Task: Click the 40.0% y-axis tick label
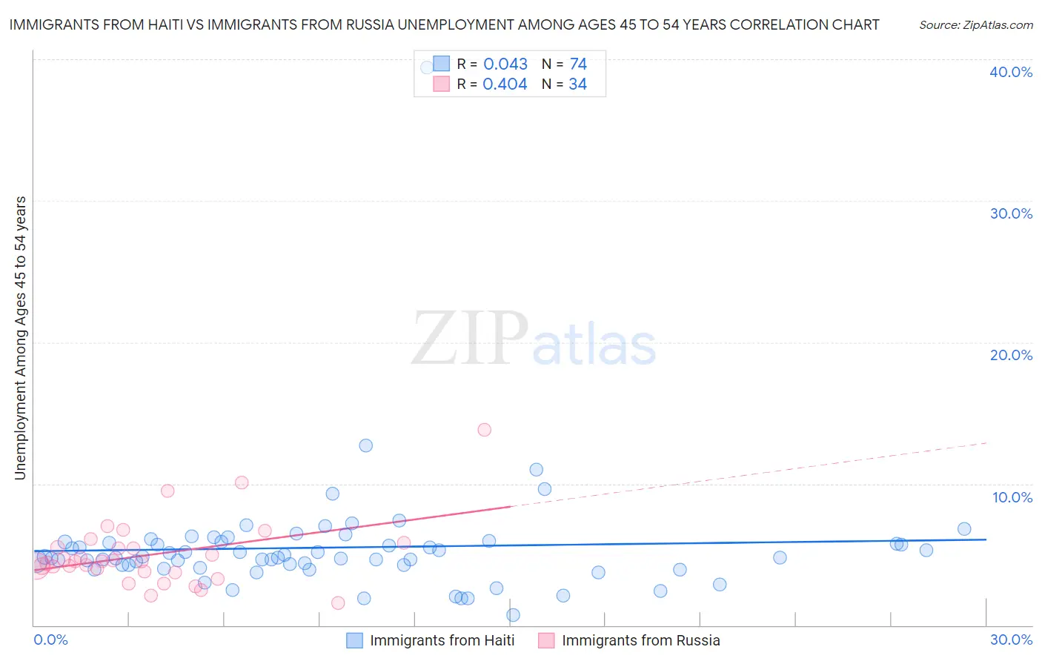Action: point(1011,72)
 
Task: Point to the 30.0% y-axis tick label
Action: point(1011,213)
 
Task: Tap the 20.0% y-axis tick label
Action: point(1011,355)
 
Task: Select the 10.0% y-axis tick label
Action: point(1012,497)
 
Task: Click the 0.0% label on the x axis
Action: point(50,640)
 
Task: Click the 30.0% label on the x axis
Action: point(1011,640)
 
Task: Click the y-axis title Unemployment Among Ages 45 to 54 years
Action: point(21,338)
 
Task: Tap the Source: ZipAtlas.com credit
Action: point(975,25)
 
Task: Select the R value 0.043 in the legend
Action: point(505,64)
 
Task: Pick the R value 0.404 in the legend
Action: point(505,84)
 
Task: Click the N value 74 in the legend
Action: point(578,64)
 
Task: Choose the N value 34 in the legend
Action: point(577,84)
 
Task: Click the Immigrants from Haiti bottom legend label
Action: point(442,640)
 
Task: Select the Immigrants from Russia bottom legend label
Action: point(640,640)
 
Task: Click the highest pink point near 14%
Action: point(485,430)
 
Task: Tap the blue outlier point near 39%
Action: point(427,67)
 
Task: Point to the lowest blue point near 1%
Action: point(513,615)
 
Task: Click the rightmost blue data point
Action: point(964,529)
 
